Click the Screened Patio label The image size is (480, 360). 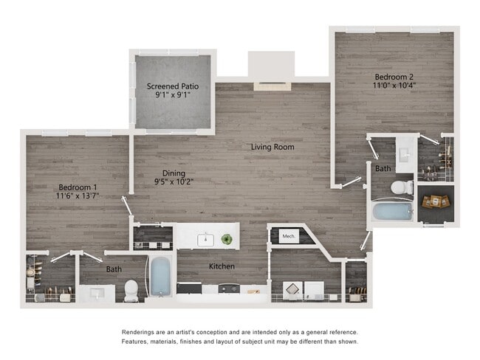point(174,85)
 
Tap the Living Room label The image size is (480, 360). point(272,147)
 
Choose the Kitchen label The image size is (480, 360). point(222,266)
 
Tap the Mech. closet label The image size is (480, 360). point(288,236)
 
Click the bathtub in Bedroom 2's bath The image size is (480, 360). point(392,212)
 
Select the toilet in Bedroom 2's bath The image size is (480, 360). point(402,187)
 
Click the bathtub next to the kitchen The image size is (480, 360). point(160,277)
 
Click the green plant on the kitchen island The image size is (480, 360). point(227,239)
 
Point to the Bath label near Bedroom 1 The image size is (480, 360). point(114,269)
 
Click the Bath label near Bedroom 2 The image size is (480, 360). point(383,169)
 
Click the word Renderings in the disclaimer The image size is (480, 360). point(140,332)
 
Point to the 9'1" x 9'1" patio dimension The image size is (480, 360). point(174,94)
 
